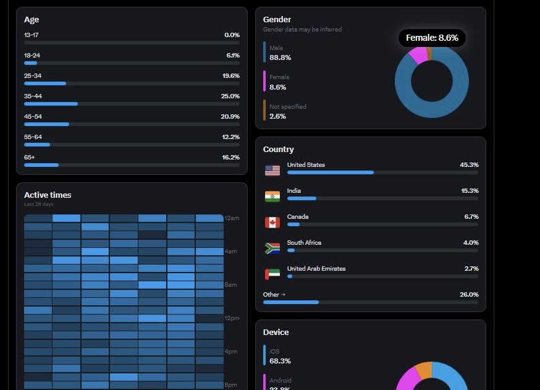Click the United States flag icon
pos(272,170)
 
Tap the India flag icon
pos(272,196)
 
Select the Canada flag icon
pos(272,222)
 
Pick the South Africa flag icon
pos(272,248)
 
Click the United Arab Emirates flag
pos(272,274)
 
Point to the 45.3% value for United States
pos(469,165)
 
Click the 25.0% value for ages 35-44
pos(230,96)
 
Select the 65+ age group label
pos(30,158)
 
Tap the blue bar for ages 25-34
pos(45,83)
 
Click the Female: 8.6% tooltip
pos(432,38)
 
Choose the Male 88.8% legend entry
pos(280,53)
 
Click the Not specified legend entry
pos(287,111)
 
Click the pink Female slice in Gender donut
pos(418,56)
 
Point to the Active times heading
pos(48,195)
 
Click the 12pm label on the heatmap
pos(232,318)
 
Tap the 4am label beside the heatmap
pos(231,252)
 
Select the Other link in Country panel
pos(274,295)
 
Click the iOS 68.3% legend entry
pos(280,356)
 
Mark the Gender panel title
pos(277,19)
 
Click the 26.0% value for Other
pos(469,295)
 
